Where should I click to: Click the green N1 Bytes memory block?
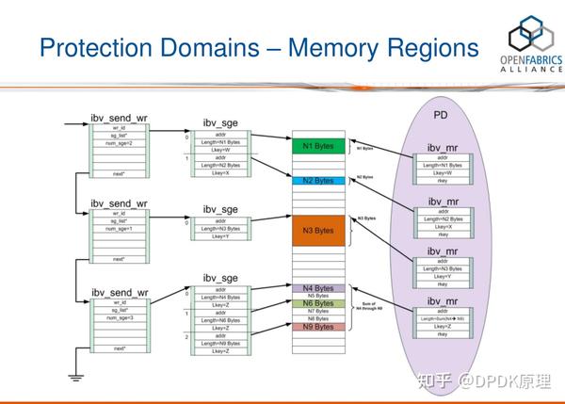pos(318,147)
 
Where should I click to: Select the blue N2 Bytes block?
pos(318,180)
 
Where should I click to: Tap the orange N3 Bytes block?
pos(318,230)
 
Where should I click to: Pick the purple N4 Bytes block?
pos(318,287)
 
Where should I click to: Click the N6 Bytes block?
pos(318,303)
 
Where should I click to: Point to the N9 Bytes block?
pos(318,327)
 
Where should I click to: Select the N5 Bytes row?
pos(318,296)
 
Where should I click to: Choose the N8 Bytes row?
pos(318,319)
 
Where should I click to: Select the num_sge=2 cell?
pos(119,144)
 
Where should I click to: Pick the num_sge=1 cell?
pos(119,227)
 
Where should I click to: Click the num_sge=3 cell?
pos(119,318)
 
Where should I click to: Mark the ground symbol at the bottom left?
pos(73,379)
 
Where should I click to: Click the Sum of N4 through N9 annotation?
pos(368,308)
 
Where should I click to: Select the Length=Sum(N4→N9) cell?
pos(442,319)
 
